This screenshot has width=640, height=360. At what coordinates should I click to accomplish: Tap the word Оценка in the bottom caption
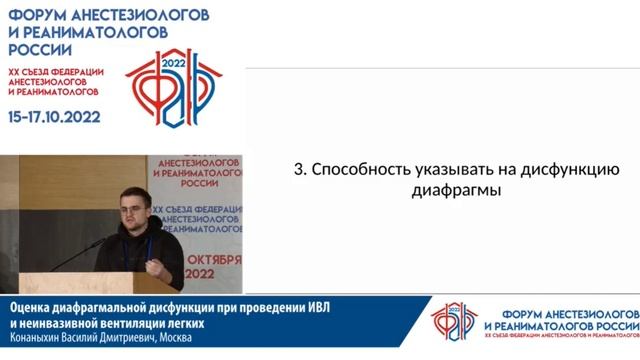tap(33, 307)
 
